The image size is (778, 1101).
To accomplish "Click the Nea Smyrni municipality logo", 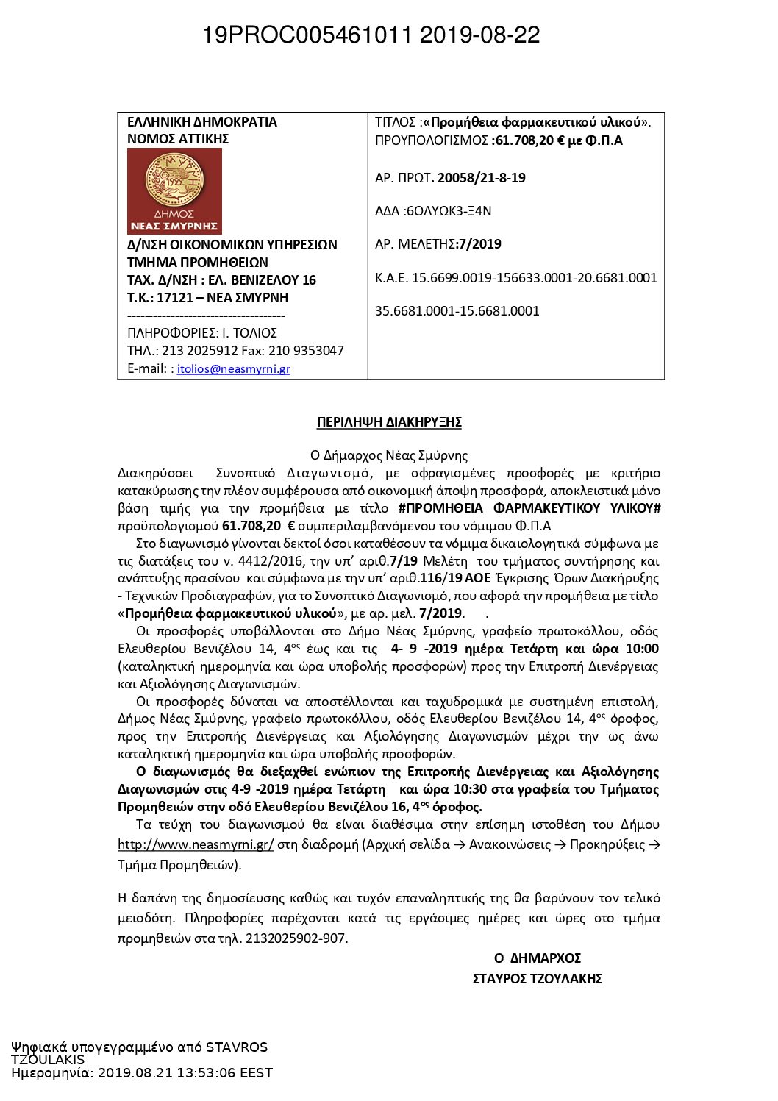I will (174, 190).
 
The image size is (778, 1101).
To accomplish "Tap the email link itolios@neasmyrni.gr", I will (233, 369).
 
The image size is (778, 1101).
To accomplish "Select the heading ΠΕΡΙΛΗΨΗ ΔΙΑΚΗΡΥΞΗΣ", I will (389, 422).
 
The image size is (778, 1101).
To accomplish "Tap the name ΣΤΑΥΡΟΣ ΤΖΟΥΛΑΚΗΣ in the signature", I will (538, 979).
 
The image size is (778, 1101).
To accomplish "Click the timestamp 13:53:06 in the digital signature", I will (204, 1073).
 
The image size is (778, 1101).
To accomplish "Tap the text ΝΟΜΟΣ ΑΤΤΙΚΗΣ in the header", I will (178, 139).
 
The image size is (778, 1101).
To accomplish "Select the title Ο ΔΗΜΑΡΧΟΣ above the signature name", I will (538, 958).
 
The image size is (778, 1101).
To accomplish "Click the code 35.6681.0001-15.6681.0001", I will (457, 311).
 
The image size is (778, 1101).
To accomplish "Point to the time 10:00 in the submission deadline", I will (642, 649).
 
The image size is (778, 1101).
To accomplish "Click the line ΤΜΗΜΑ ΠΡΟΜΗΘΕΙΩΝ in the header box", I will (198, 263).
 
